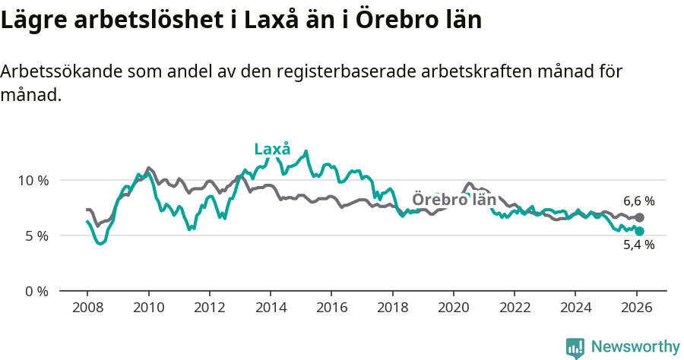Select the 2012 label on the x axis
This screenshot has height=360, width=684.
click(x=209, y=308)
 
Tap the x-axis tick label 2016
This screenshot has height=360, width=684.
click(x=331, y=308)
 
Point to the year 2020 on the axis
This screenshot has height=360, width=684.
click(x=453, y=308)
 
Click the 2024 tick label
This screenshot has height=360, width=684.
click(x=575, y=308)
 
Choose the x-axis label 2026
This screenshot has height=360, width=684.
click(x=636, y=308)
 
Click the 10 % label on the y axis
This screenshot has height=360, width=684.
click(x=33, y=181)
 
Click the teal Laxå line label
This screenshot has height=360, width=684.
click(x=272, y=149)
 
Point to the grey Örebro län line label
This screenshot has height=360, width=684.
click(x=454, y=200)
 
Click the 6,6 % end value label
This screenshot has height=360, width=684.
click(x=638, y=201)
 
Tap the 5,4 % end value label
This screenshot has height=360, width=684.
click(x=638, y=245)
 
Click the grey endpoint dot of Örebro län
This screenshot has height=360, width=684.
click(x=639, y=218)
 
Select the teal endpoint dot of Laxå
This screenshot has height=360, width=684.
click(x=639, y=231)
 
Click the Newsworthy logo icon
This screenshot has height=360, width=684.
click(x=575, y=347)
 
